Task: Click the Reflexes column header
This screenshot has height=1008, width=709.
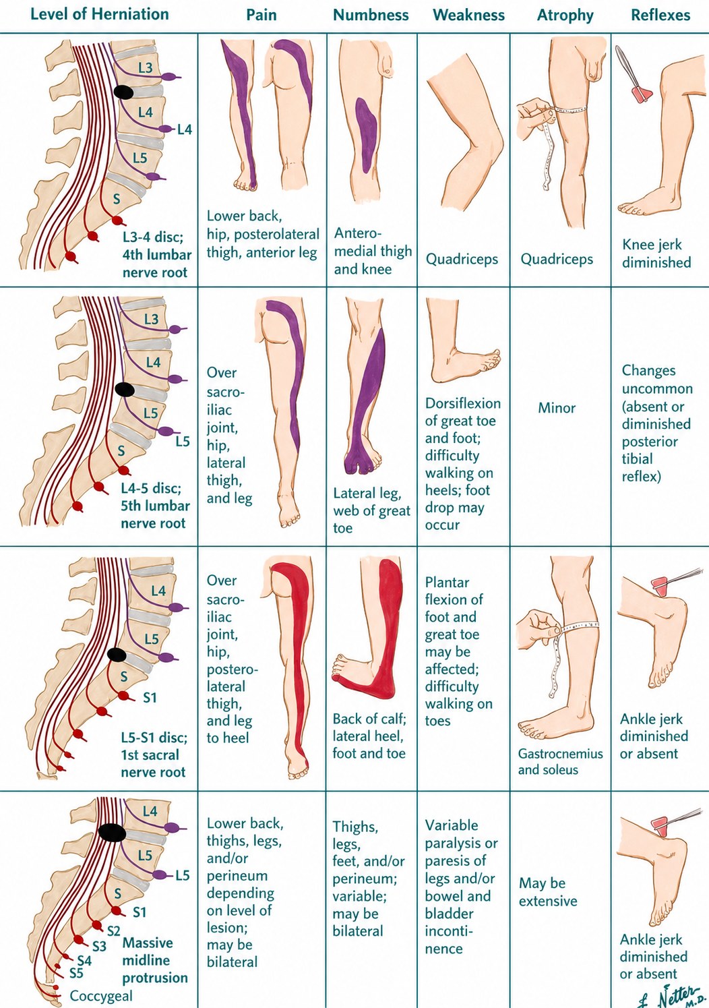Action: (660, 16)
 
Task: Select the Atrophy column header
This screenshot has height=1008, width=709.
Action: (565, 16)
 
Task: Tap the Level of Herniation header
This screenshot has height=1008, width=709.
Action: (100, 14)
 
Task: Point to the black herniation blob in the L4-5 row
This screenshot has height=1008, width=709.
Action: (125, 389)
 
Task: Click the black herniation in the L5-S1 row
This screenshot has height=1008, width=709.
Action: (117, 654)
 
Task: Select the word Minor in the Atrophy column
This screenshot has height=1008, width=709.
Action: (557, 408)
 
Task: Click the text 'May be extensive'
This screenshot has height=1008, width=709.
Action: (547, 891)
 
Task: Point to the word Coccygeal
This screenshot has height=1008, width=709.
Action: (101, 996)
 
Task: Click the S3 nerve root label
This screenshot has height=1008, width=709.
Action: (100, 947)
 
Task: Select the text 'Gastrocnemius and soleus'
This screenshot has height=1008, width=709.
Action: (560, 761)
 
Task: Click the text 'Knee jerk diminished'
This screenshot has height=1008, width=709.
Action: (656, 254)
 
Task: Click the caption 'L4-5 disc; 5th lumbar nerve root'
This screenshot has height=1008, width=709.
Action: (154, 506)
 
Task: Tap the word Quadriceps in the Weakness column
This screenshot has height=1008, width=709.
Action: (462, 259)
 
